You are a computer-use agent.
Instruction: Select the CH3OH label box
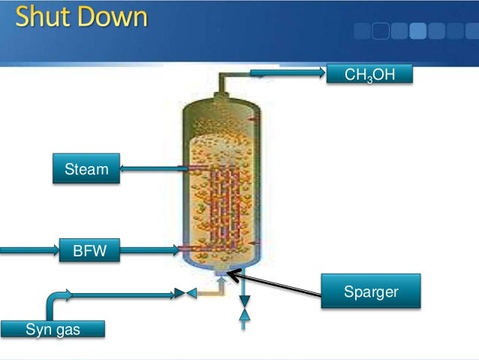(369, 74)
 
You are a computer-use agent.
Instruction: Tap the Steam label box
(86, 170)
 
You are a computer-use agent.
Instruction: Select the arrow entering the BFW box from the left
(30, 248)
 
